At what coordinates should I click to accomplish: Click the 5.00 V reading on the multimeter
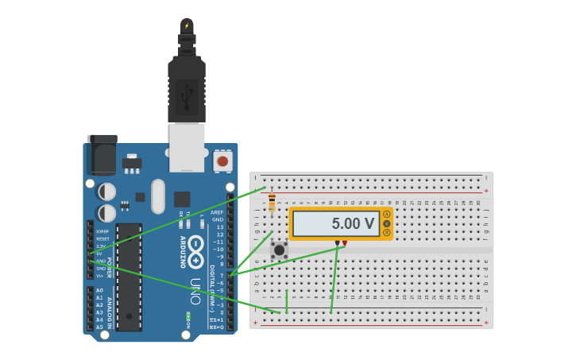(x=353, y=224)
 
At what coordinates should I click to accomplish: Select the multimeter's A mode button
(x=387, y=214)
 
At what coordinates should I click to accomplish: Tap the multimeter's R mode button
(x=387, y=233)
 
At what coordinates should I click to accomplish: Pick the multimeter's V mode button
(x=387, y=223)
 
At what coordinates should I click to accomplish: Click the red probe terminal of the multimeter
(x=345, y=242)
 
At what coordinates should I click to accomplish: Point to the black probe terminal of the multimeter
(x=337, y=242)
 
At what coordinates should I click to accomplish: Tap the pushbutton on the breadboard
(x=279, y=250)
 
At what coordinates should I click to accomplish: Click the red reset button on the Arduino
(x=222, y=161)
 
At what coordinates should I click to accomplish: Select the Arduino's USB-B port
(x=187, y=147)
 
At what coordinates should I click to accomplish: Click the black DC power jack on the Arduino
(x=102, y=155)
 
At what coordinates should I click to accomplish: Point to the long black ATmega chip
(x=129, y=277)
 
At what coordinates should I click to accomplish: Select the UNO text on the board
(x=195, y=291)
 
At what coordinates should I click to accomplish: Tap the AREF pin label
(x=217, y=212)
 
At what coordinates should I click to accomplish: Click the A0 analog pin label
(x=99, y=290)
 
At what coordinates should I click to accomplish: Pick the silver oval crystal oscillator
(x=157, y=195)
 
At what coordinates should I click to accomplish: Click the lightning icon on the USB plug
(x=187, y=26)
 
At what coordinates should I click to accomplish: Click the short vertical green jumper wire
(x=287, y=301)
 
